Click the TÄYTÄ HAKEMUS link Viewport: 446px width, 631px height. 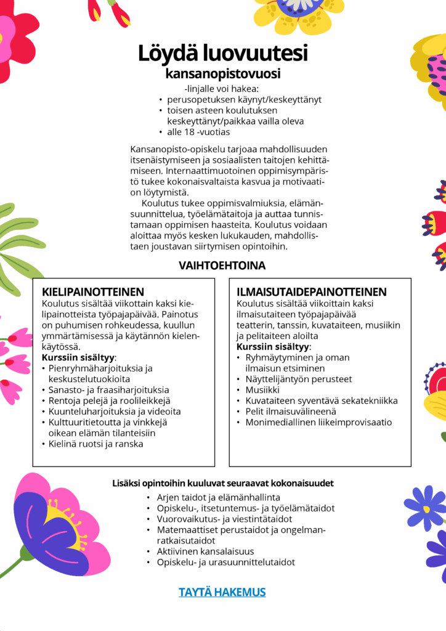click(x=222, y=592)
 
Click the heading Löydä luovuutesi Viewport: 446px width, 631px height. click(x=222, y=53)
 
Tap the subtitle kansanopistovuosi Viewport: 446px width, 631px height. click(x=222, y=74)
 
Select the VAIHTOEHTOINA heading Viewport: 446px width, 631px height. click(x=222, y=266)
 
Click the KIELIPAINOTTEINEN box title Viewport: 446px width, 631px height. click(x=92, y=291)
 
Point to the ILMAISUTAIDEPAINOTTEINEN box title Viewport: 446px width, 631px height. click(x=312, y=291)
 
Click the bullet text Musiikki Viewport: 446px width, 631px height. click(x=262, y=390)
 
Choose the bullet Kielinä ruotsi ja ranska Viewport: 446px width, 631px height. click(x=96, y=444)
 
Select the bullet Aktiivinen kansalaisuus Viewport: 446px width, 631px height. click(x=205, y=551)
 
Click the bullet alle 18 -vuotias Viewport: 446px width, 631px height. click(x=198, y=132)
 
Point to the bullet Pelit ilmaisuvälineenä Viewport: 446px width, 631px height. click(x=291, y=412)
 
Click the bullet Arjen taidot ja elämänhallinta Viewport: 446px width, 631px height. click(x=219, y=497)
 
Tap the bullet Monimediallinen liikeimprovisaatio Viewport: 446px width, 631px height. click(x=318, y=422)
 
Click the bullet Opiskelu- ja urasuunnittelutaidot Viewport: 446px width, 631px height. click(x=226, y=562)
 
